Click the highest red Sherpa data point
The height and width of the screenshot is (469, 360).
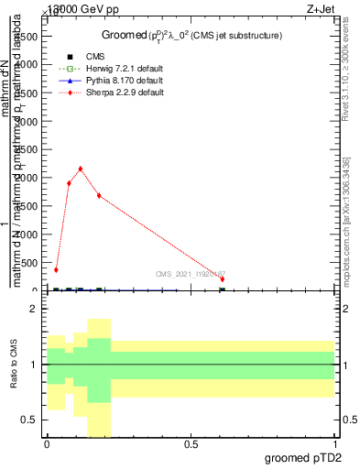tap(81, 169)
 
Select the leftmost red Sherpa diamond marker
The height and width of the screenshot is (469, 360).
tap(56, 270)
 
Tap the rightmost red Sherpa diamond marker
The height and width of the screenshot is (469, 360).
tap(223, 279)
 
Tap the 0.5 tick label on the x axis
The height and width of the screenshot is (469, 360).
tap(191, 444)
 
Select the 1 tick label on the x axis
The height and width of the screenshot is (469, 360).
tap(336, 444)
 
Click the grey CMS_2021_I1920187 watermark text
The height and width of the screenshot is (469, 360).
tap(190, 274)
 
